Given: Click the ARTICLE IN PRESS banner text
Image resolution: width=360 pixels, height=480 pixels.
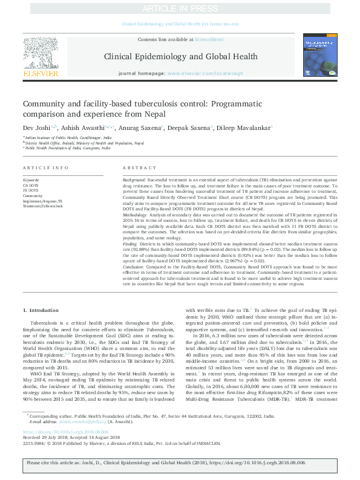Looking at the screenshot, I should [180, 8].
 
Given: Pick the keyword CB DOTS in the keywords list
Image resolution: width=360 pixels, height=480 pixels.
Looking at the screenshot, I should [30, 185].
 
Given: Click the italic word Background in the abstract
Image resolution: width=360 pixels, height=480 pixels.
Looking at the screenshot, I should [134, 180].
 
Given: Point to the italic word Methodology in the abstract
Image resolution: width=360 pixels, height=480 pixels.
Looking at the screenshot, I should [136, 215].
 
